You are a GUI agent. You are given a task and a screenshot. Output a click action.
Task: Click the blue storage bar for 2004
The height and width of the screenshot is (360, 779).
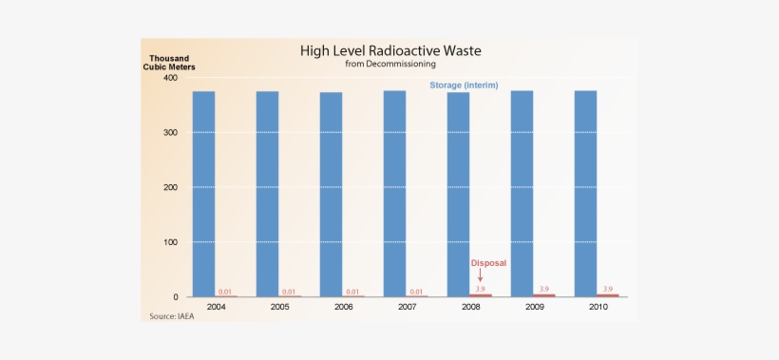coord(203,194)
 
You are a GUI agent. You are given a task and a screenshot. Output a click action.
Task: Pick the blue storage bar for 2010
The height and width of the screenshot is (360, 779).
coord(585,194)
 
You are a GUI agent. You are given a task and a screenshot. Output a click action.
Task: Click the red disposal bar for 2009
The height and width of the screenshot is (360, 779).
coord(544,295)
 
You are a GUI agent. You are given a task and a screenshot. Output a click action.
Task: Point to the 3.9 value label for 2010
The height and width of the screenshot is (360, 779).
coord(608,289)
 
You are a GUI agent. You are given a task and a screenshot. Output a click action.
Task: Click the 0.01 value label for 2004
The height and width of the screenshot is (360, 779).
coord(225,292)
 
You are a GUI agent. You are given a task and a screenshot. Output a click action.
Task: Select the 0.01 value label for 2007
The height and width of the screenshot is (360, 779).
coord(416,292)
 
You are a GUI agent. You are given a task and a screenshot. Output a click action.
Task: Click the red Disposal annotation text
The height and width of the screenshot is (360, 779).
coord(489,263)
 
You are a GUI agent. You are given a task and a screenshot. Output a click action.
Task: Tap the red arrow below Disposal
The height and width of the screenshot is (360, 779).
coord(481,275)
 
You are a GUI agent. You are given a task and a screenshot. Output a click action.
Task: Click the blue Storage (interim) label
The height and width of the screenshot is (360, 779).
coord(464,85)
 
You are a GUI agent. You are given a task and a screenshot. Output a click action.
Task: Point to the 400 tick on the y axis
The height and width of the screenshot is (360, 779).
coord(170,78)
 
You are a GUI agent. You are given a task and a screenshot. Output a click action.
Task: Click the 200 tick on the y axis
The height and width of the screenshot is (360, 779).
coord(170,187)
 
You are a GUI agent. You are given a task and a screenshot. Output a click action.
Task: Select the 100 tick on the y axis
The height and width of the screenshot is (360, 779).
coord(170,242)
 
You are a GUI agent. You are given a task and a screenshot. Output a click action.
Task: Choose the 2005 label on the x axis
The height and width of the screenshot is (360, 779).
coord(279,308)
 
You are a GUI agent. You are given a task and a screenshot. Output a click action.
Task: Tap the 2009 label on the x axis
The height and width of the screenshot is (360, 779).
coord(534,308)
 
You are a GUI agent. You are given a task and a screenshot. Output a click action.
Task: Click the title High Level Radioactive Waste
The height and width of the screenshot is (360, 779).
coord(389,50)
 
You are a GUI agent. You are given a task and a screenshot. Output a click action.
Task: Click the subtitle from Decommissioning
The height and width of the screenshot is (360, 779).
coord(389,65)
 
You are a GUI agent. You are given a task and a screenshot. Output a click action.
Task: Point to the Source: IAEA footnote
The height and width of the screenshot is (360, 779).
coord(172,316)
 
